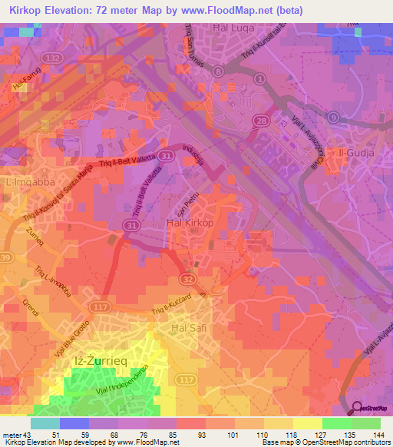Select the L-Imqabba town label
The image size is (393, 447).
click(28, 184)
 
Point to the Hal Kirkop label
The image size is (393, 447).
click(188, 223)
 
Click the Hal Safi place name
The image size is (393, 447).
click(184, 328)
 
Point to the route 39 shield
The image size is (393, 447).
click(5, 256)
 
